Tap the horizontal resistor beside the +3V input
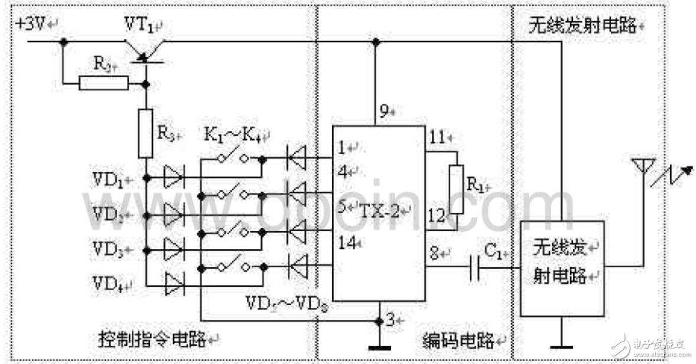tap(103, 83)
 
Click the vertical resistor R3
tap(145, 133)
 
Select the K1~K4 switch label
tap(235, 133)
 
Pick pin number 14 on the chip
tap(347, 241)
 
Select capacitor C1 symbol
tap(476, 268)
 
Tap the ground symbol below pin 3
tap(378, 347)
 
